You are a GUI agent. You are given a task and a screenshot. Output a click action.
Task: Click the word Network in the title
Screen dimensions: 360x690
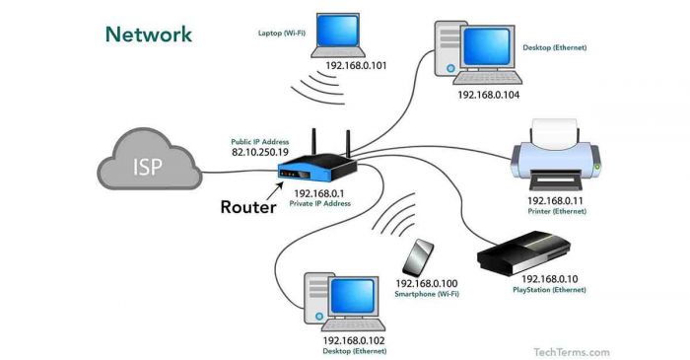[x=149, y=35]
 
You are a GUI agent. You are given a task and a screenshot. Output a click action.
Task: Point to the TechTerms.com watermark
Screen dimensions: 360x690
[x=572, y=351]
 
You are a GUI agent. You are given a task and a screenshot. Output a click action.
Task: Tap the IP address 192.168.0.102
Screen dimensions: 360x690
[x=352, y=340]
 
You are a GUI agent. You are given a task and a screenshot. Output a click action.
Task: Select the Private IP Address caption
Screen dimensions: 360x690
[x=319, y=203]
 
